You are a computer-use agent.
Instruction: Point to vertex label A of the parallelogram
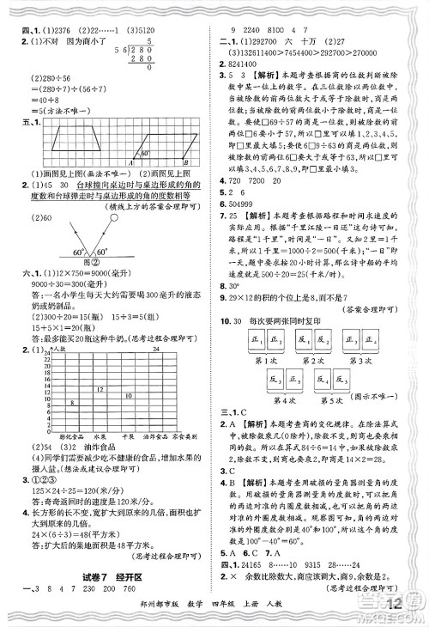pos(130,163)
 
